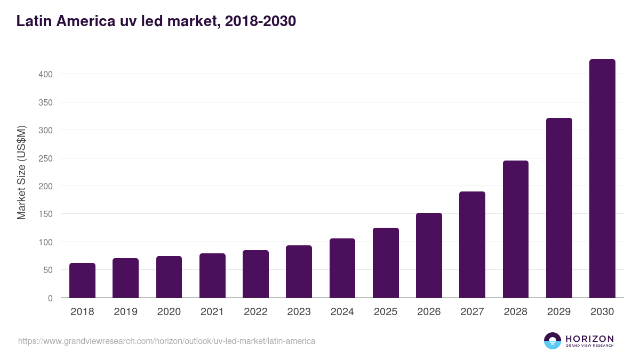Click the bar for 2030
602,179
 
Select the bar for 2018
82,281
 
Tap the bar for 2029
559,208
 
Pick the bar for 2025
386,263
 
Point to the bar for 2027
472,245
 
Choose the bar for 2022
255,274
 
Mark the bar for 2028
516,229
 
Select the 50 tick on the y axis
47,270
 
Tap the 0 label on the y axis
50,298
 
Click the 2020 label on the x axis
169,312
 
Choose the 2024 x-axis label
342,312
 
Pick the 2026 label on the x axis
429,312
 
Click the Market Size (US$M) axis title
21,172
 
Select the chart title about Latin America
156,21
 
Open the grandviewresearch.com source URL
167,341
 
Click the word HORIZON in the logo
589,338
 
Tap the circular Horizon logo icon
553,341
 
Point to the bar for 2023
299,271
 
